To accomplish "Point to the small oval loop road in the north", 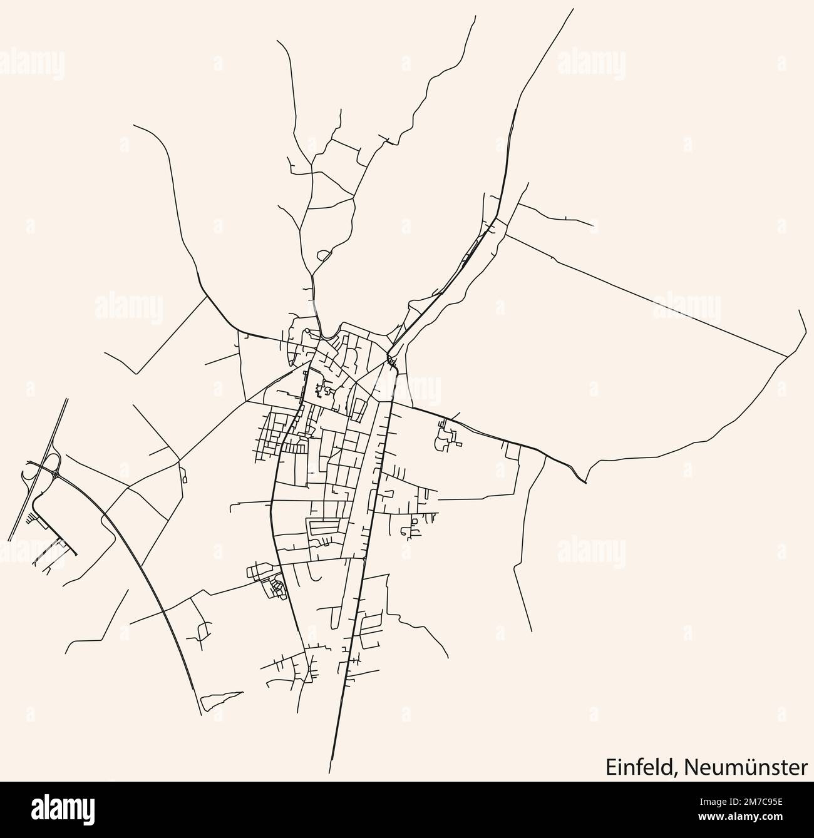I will (324, 255).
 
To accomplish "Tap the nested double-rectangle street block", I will (326, 527).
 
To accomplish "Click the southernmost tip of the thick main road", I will (332, 758).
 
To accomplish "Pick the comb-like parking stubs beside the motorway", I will (30, 516).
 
